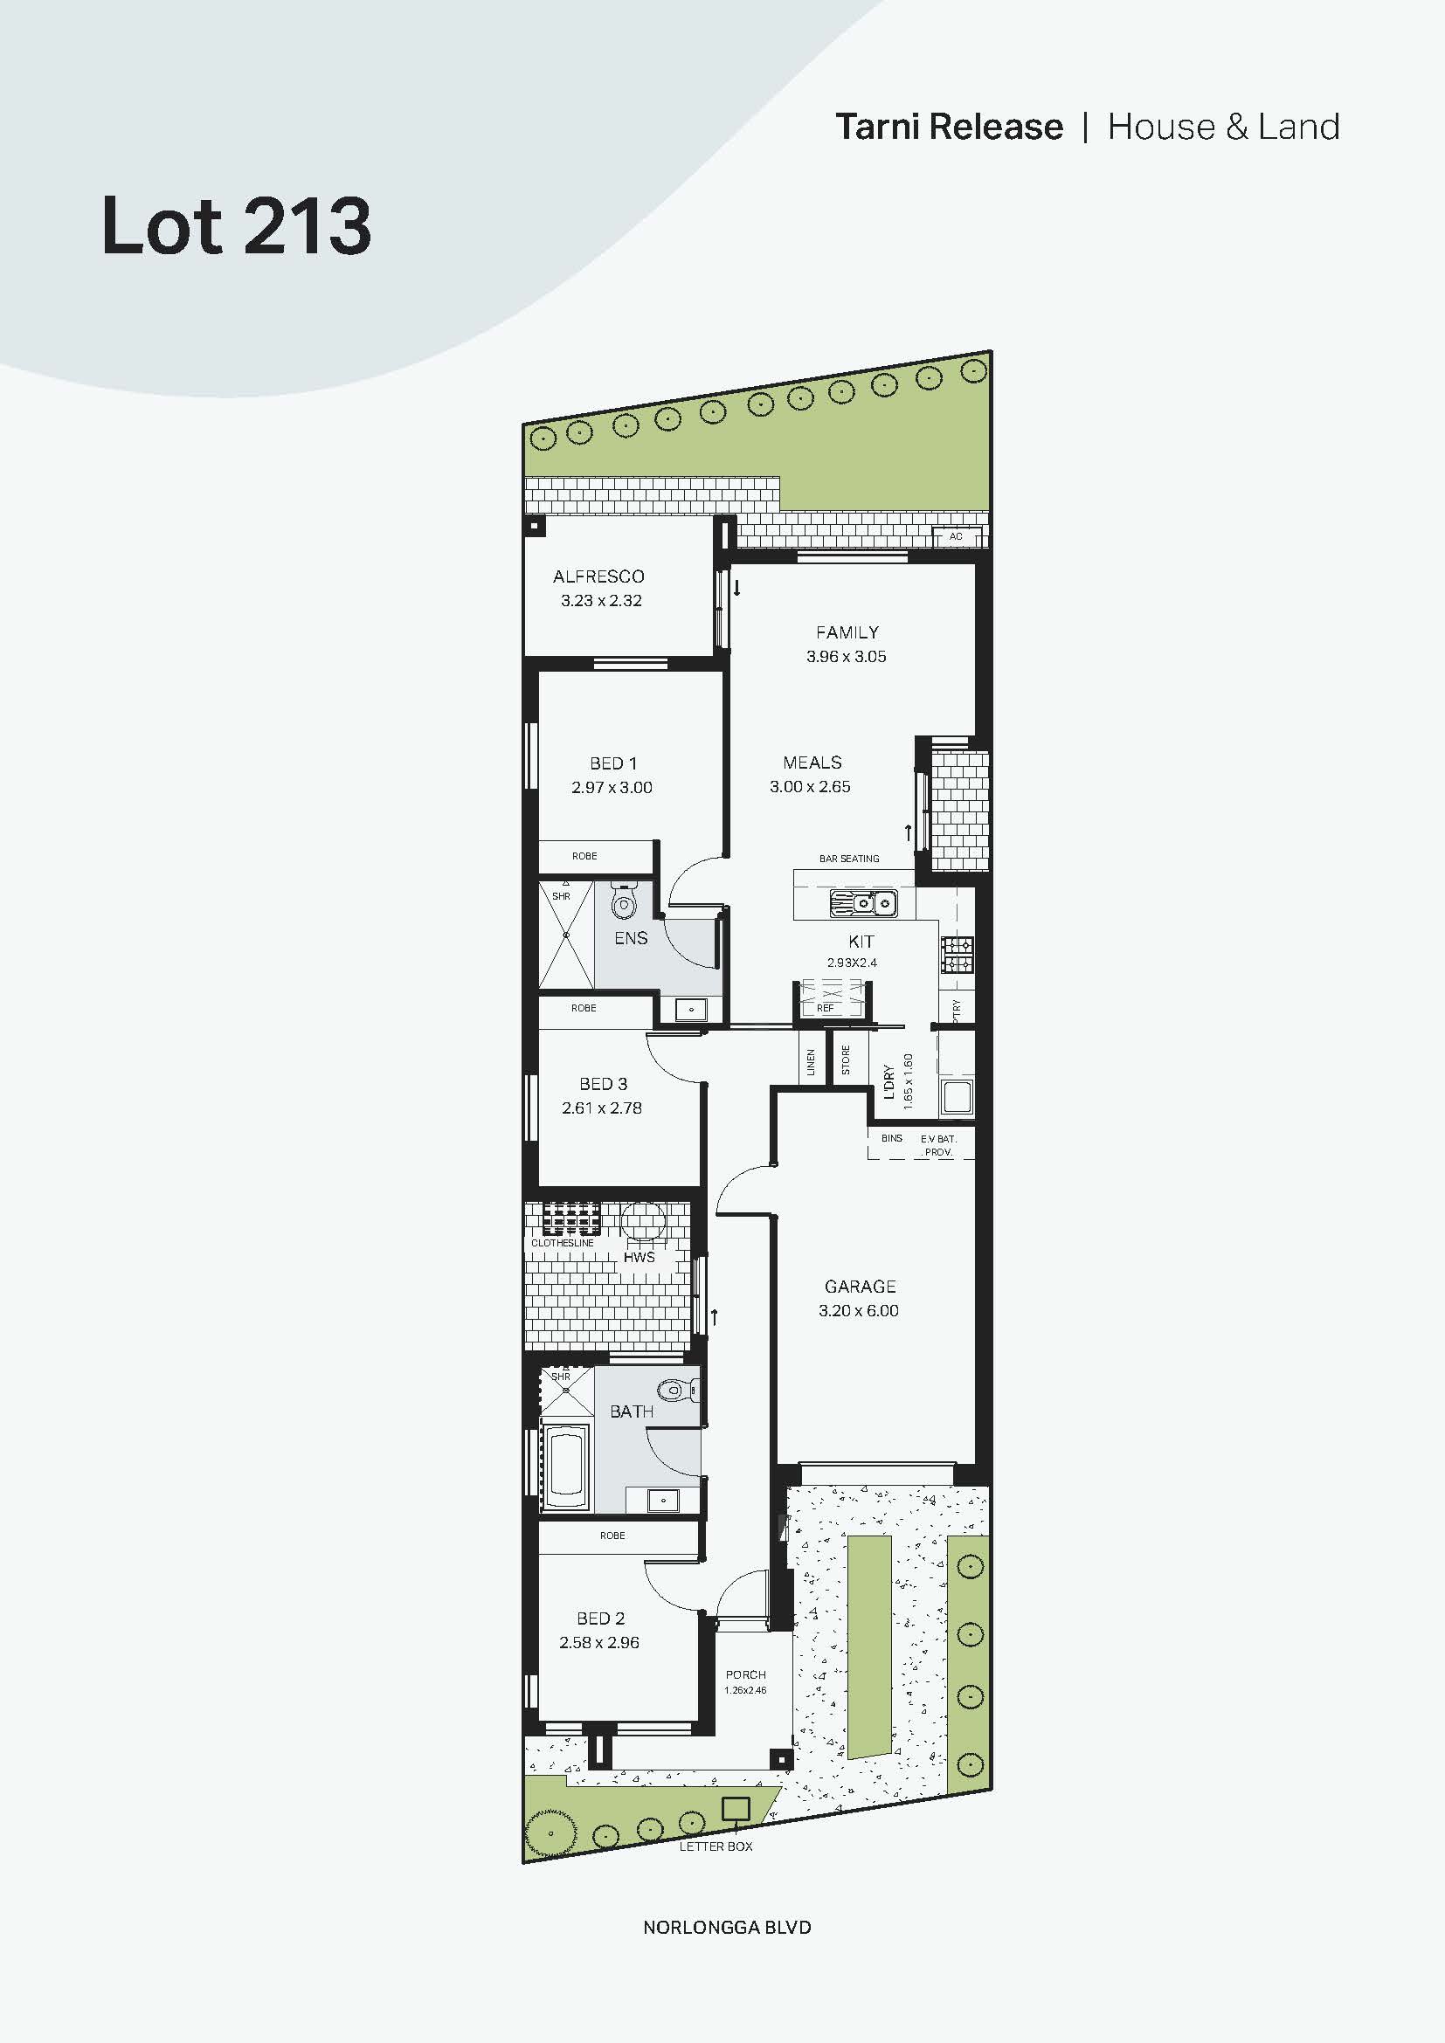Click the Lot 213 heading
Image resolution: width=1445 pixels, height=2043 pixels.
point(236,226)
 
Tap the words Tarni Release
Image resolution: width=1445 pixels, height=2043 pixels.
point(949,128)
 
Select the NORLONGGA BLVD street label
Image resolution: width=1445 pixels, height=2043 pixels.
point(726,1928)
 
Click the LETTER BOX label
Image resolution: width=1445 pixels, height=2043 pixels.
point(716,1846)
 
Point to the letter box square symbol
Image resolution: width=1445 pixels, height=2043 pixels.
point(735,1809)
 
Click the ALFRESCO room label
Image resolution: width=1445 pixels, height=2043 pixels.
point(598,576)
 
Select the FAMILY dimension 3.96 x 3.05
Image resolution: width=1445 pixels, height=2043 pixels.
point(846,657)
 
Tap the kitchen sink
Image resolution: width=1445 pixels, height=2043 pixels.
point(862,903)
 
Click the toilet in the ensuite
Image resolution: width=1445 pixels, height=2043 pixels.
point(624,905)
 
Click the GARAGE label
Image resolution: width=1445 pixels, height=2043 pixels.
point(860,1287)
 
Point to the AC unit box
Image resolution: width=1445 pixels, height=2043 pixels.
point(957,536)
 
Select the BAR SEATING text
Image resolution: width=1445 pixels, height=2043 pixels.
point(849,859)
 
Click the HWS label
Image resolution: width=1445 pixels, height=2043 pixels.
point(639,1257)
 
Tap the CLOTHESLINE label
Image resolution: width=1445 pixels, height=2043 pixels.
point(563,1243)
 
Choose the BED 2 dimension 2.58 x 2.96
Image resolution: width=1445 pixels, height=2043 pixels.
point(598,1643)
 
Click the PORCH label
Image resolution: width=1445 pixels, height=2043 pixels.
point(744,1674)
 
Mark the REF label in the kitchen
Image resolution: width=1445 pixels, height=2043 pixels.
point(825,1008)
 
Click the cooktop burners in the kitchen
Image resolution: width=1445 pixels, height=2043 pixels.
point(958,955)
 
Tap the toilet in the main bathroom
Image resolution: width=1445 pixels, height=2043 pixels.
point(676,1389)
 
